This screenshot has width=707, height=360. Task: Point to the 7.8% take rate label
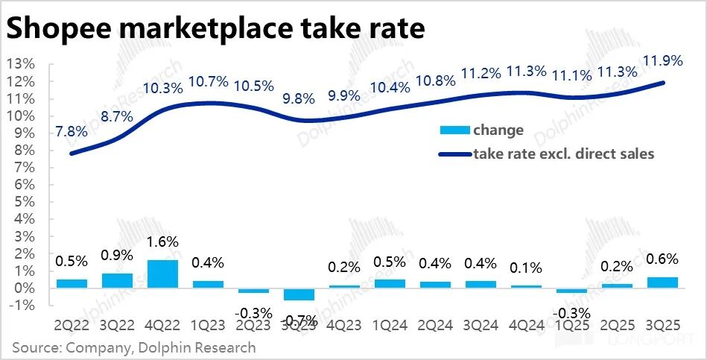[x=72, y=131]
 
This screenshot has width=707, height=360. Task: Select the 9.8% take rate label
[x=298, y=97]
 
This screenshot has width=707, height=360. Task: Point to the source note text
[x=133, y=347]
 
